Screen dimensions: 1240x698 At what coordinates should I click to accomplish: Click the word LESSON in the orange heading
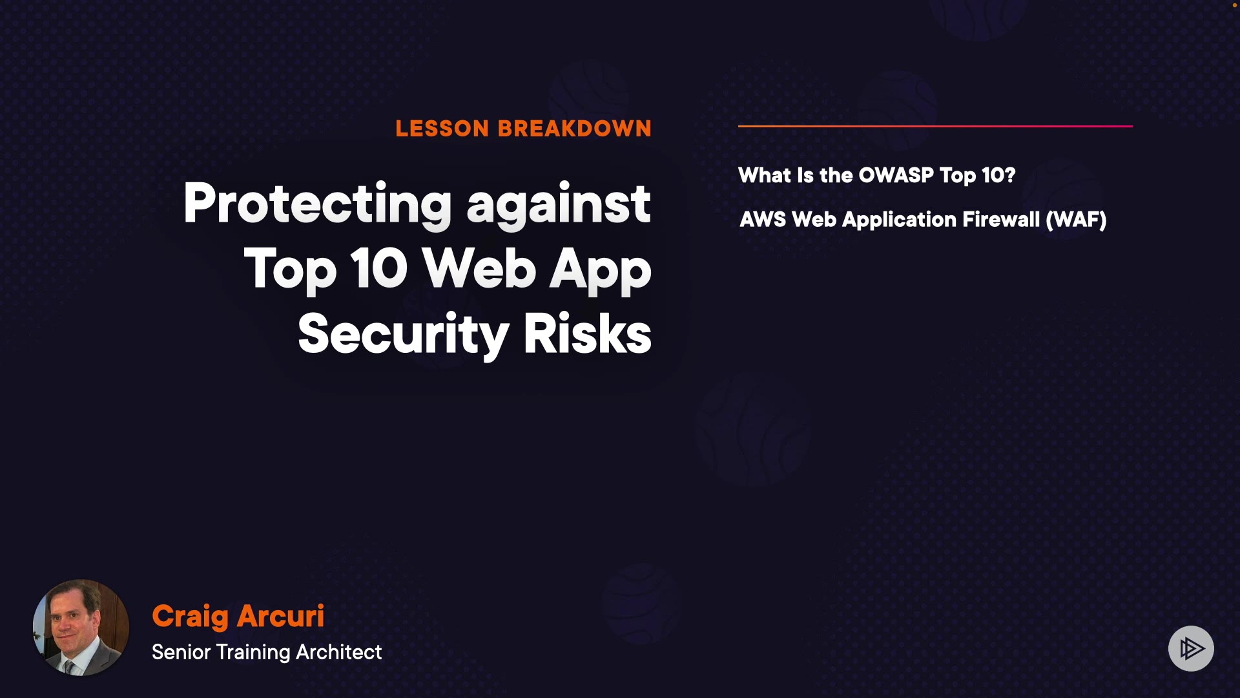point(442,129)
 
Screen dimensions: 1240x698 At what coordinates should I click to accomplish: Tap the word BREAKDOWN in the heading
point(575,129)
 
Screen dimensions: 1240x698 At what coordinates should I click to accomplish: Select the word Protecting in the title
point(318,204)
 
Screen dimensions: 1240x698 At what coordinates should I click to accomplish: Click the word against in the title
point(559,204)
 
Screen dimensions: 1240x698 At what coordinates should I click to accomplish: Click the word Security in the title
point(404,334)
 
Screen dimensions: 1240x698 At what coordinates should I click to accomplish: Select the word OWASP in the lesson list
point(896,175)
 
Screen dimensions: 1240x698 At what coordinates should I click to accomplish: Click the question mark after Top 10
point(1010,175)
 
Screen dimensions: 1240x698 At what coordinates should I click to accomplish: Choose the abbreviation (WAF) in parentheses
point(1076,220)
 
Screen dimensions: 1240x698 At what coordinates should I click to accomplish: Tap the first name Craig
point(190,617)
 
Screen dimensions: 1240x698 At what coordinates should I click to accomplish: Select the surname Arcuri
point(281,616)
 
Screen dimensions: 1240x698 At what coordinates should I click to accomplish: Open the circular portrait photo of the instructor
point(81,628)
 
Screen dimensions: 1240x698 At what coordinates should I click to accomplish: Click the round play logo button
point(1191,648)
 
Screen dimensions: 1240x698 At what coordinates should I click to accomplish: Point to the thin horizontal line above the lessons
point(935,126)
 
